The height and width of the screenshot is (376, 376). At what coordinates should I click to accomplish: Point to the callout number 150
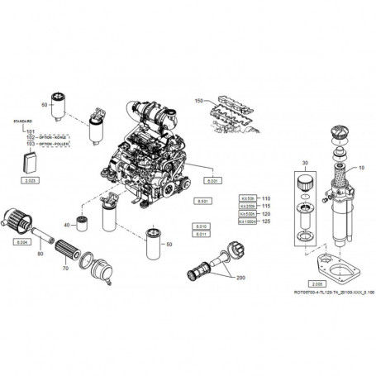198,100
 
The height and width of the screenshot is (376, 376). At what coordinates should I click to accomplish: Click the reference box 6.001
212,179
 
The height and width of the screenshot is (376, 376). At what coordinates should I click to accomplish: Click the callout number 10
360,169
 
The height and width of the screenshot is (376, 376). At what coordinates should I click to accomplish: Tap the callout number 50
169,245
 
